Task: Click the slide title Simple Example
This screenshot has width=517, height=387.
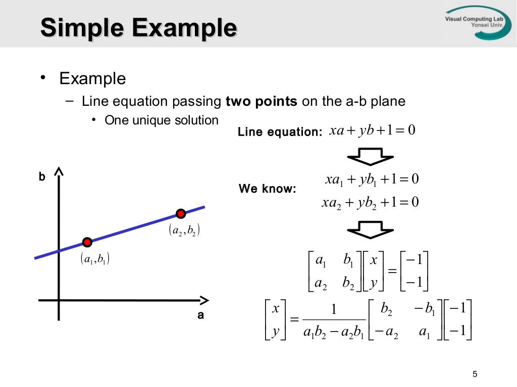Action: pos(138,28)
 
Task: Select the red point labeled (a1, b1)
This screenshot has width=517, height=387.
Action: pos(87,242)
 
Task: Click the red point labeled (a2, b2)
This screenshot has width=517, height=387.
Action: pos(180,213)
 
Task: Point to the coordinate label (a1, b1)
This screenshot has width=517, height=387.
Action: pos(95,260)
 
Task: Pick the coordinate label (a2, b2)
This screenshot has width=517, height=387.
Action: pos(185,231)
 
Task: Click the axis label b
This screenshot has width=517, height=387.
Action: pos(42,177)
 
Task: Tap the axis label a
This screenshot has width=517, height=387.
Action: pos(200,316)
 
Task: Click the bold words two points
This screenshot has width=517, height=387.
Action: pos(262,101)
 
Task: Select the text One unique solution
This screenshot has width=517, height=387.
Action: pos(162,120)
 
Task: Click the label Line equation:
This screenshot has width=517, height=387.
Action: pos(280,132)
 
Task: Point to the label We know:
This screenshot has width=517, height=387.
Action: pos(267,189)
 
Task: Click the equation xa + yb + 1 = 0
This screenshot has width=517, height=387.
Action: pos(372,131)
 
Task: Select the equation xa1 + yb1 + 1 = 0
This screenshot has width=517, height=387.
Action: pos(372,179)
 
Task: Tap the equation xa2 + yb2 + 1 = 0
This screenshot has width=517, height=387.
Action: pos(371,203)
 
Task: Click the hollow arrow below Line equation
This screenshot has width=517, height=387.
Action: pos(371,156)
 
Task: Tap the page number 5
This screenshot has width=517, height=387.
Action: pos(474,374)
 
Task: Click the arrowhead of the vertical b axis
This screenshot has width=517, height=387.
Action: pos(59,173)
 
